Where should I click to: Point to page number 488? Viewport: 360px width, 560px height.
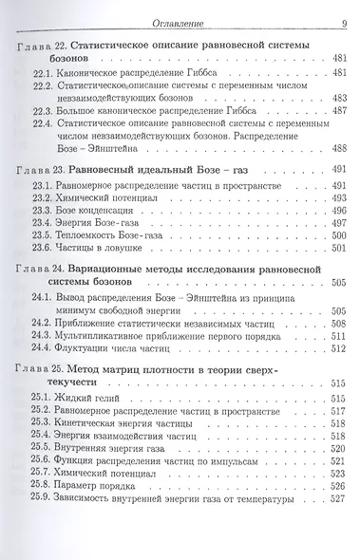[337, 149]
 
